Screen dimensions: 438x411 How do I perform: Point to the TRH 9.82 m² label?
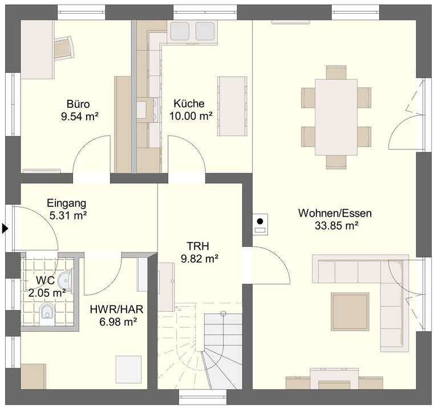coord(200,253)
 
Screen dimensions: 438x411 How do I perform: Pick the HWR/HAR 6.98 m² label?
coord(117,315)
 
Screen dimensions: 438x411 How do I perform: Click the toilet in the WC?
coord(47,315)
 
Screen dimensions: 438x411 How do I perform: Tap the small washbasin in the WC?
coord(66,280)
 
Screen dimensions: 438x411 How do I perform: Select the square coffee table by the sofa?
coord(350,311)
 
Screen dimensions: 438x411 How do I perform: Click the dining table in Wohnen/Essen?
coord(336,117)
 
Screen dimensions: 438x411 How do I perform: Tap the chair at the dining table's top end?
coord(336,72)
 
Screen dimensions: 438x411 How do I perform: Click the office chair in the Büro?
coord(64,48)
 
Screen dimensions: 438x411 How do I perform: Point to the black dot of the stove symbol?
coord(260,221)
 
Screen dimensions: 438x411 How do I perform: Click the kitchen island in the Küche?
coord(232,107)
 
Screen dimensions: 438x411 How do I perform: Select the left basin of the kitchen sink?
coord(180,31)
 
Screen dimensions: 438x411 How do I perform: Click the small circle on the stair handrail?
coord(223,314)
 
